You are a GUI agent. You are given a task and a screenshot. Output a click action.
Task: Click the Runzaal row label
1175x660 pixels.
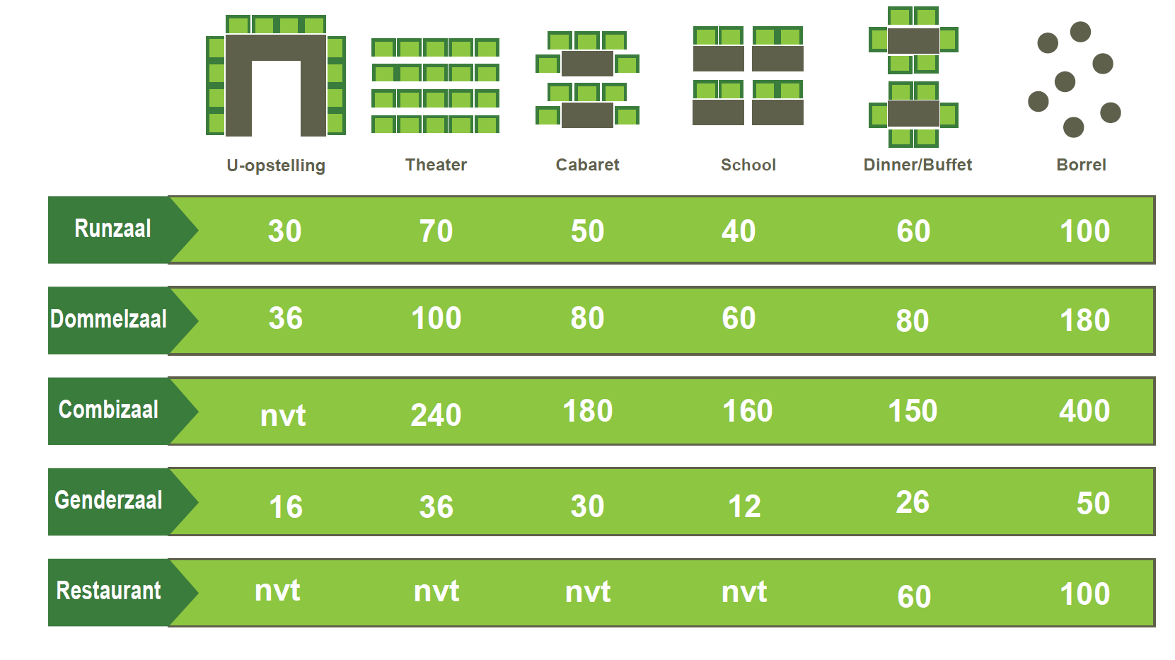pos(112,228)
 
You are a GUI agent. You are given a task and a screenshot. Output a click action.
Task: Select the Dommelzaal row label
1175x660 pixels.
pos(108,319)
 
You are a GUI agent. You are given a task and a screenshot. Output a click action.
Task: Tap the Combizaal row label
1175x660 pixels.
pos(108,409)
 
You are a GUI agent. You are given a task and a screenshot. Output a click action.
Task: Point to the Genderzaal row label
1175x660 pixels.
pos(108,500)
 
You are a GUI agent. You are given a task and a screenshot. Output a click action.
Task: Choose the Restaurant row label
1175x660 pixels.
pos(108,591)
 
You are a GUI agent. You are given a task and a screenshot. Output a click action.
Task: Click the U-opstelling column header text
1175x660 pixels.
pos(276,166)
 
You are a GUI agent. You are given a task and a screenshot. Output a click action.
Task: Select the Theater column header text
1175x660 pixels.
pos(436,165)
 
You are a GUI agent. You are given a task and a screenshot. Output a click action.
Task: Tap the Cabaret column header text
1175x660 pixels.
pos(587,165)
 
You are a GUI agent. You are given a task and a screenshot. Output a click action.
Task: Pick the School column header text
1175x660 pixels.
pos(748,165)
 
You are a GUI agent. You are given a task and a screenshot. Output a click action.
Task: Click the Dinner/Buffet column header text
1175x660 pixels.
pos(918,165)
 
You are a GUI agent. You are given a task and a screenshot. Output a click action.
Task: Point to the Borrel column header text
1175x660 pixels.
pos(1081,165)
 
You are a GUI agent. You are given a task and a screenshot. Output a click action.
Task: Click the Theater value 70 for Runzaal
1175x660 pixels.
pos(436,231)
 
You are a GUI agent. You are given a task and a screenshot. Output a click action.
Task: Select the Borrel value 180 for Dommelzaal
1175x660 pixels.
pos(1084,320)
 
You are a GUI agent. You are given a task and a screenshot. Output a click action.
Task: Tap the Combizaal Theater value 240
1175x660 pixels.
pos(436,415)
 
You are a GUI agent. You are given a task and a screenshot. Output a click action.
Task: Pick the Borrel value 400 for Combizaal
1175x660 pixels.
pos(1084,410)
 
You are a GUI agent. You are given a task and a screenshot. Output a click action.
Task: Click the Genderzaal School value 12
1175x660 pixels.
pos(744,506)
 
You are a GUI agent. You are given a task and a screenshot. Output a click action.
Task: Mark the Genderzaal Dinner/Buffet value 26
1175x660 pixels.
pos(913,502)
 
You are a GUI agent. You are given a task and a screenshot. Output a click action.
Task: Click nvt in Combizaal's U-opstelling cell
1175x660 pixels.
pos(283,415)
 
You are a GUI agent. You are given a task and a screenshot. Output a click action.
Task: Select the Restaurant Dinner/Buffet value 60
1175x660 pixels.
pos(914,596)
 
